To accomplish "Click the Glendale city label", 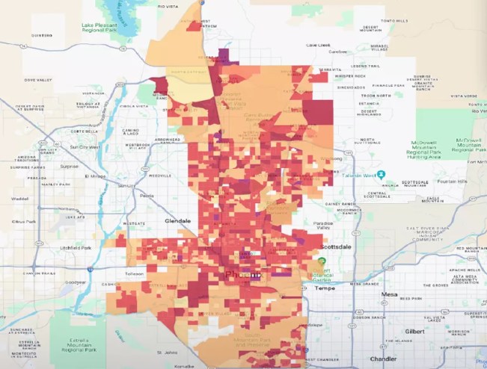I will coord(178,221).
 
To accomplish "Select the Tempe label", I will coord(324,288).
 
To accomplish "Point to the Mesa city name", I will coord(389,294).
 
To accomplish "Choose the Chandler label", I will coord(383,359).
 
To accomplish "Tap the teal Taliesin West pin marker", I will coord(381,174).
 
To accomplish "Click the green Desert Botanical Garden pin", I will coord(322,262).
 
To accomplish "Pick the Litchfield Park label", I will coord(76,248).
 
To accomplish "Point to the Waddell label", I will coord(19,199).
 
